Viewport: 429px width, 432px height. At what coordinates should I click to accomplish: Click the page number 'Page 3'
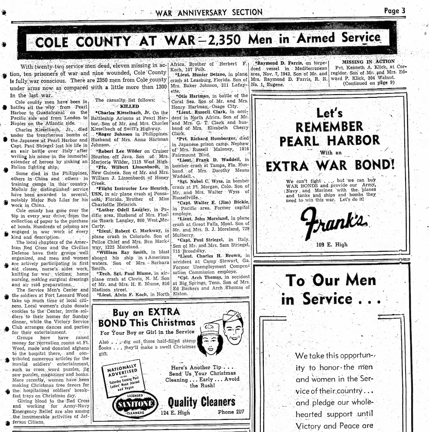[394, 11]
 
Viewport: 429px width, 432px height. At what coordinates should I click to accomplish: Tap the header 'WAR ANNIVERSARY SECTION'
[209, 13]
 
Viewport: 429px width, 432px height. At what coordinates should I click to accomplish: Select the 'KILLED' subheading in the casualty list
[129, 106]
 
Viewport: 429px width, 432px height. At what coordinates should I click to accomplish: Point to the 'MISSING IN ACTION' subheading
[368, 62]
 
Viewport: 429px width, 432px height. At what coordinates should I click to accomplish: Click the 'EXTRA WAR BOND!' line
[330, 166]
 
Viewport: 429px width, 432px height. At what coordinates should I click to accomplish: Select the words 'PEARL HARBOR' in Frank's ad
[330, 140]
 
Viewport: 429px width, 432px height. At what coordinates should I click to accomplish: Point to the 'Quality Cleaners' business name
[201, 402]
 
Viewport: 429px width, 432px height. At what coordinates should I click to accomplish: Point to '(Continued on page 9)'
[369, 83]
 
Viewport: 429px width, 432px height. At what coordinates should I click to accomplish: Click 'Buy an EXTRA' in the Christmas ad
[146, 312]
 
